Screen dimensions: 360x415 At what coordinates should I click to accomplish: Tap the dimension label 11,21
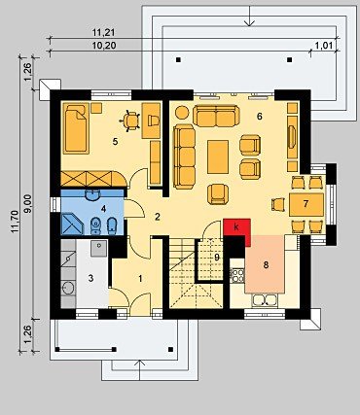tap(104, 32)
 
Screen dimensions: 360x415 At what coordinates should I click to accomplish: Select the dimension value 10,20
tap(104, 46)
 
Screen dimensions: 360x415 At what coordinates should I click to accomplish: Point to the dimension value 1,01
tap(325, 46)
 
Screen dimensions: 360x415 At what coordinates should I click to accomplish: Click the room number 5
tap(115, 142)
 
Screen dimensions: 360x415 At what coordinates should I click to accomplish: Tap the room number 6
tap(259, 116)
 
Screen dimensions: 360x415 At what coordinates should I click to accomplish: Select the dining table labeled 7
tap(306, 205)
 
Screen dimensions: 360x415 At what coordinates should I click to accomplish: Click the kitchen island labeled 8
tap(265, 264)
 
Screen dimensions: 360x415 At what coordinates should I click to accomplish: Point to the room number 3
tap(90, 278)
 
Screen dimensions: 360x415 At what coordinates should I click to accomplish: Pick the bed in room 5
tap(77, 128)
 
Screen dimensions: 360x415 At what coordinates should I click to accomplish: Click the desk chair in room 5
tap(130, 121)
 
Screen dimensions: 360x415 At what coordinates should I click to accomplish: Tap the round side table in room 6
tap(182, 113)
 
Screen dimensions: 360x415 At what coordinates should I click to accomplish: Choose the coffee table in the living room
tap(218, 156)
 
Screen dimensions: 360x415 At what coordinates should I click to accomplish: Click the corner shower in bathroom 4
tap(72, 224)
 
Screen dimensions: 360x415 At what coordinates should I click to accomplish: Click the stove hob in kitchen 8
tap(237, 275)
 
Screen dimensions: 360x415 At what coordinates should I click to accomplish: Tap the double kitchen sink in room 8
tap(265, 300)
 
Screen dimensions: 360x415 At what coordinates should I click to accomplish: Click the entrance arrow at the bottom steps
tap(140, 369)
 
